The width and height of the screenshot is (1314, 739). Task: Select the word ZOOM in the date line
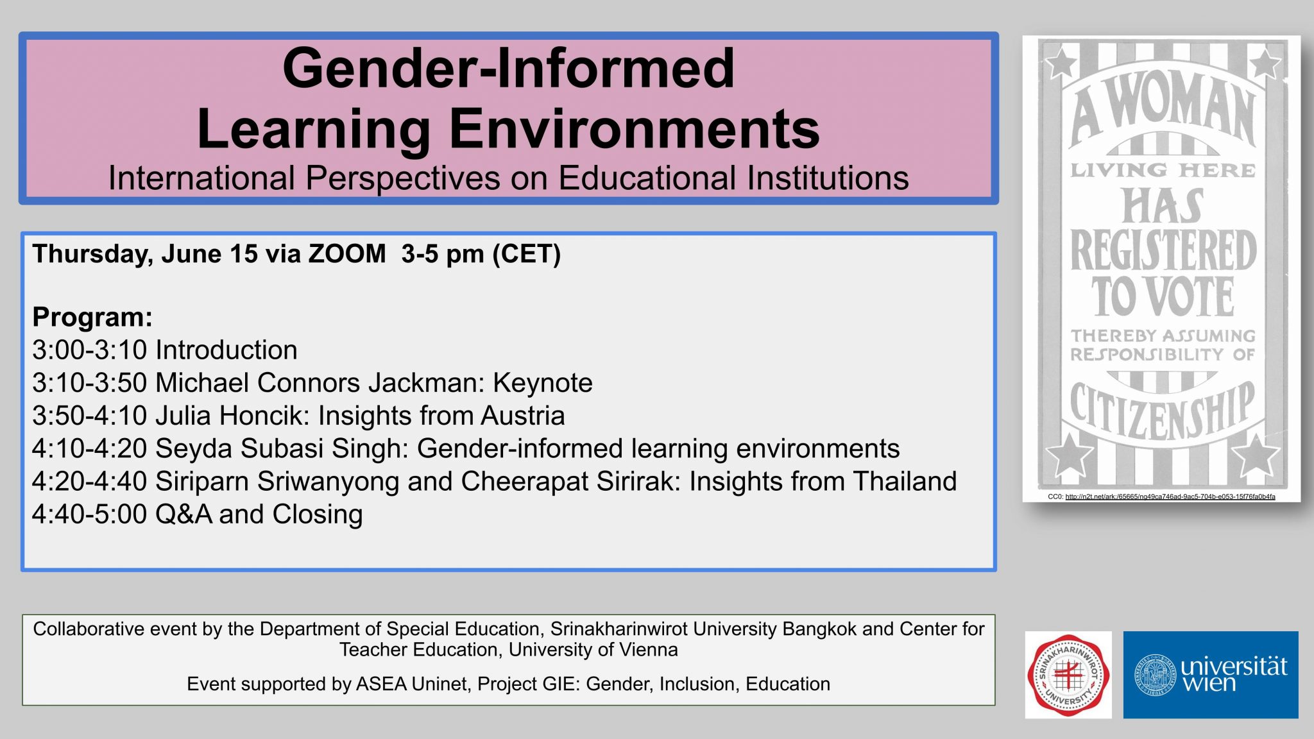pos(347,254)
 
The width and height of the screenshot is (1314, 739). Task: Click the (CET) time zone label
pos(526,254)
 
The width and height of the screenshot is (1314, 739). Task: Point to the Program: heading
pos(92,317)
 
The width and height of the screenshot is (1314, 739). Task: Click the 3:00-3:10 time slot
pos(90,350)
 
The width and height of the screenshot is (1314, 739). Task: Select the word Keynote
pos(543,383)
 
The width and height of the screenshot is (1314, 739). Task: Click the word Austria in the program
pos(523,416)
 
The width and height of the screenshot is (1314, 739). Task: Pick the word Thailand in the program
pos(905,481)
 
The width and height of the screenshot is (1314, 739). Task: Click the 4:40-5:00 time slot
pos(90,514)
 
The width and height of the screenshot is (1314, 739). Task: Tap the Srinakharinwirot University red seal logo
pos(1068,675)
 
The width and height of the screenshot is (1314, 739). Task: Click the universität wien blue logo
pos(1211,675)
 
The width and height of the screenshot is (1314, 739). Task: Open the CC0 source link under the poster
pos(1170,497)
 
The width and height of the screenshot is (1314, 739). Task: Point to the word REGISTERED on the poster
pos(1163,251)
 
